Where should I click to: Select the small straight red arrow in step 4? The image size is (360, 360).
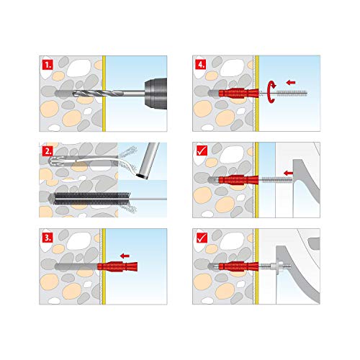tap(289, 81)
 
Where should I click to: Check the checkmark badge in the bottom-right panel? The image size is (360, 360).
tap(201, 237)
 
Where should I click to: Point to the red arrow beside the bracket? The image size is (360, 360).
tap(288, 173)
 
